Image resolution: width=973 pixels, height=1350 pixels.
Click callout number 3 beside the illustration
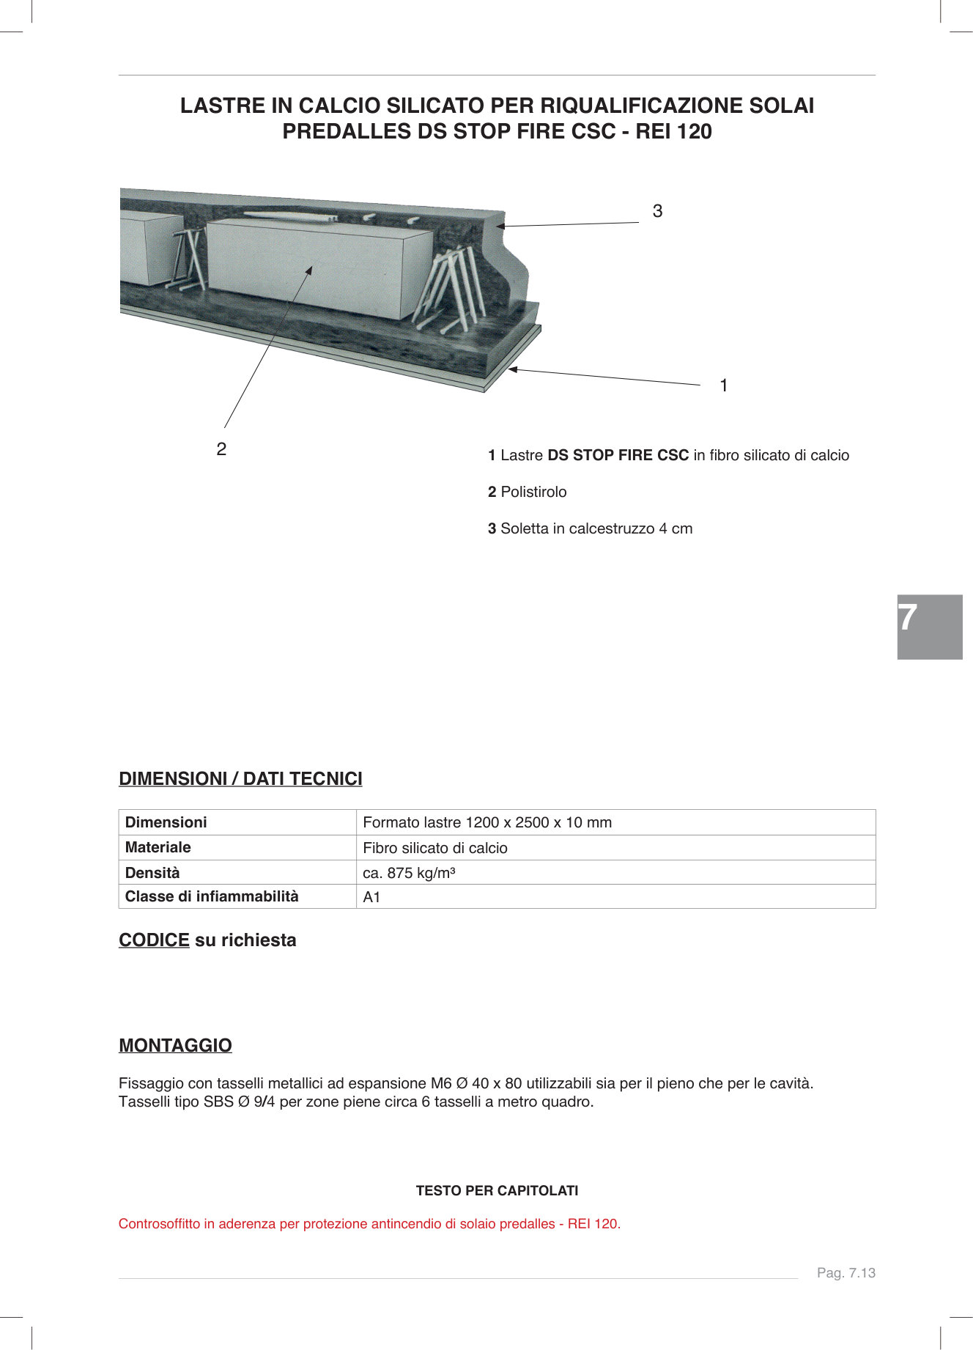pos(657,211)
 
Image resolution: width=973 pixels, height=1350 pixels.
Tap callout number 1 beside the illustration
pos(724,386)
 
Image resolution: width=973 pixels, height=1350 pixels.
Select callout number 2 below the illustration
pos(221,449)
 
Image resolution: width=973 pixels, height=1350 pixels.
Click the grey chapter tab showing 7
pos(929,627)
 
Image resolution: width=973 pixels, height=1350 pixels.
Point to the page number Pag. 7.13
pos(846,1273)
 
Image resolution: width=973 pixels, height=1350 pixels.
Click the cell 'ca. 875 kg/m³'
pos(409,873)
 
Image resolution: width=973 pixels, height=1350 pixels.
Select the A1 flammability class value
pos(371,897)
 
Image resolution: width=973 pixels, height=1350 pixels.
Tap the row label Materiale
pos(158,847)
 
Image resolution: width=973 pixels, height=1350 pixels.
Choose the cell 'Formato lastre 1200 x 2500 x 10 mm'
pos(486,822)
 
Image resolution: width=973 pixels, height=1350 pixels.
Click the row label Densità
pos(152,873)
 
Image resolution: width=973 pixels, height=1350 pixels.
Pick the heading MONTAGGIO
pos(175,1046)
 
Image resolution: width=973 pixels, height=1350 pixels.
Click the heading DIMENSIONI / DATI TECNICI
pos(240,779)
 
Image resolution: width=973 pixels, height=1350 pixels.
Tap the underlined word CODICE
pos(154,940)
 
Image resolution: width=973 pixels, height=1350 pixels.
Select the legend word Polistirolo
pos(533,492)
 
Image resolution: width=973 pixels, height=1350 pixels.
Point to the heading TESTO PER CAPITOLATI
pos(497,1191)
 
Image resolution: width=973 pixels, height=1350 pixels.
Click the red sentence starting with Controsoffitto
pos(369,1224)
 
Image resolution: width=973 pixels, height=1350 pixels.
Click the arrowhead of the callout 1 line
pos(512,369)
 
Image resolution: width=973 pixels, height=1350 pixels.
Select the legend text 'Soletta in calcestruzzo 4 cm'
pos(596,528)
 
